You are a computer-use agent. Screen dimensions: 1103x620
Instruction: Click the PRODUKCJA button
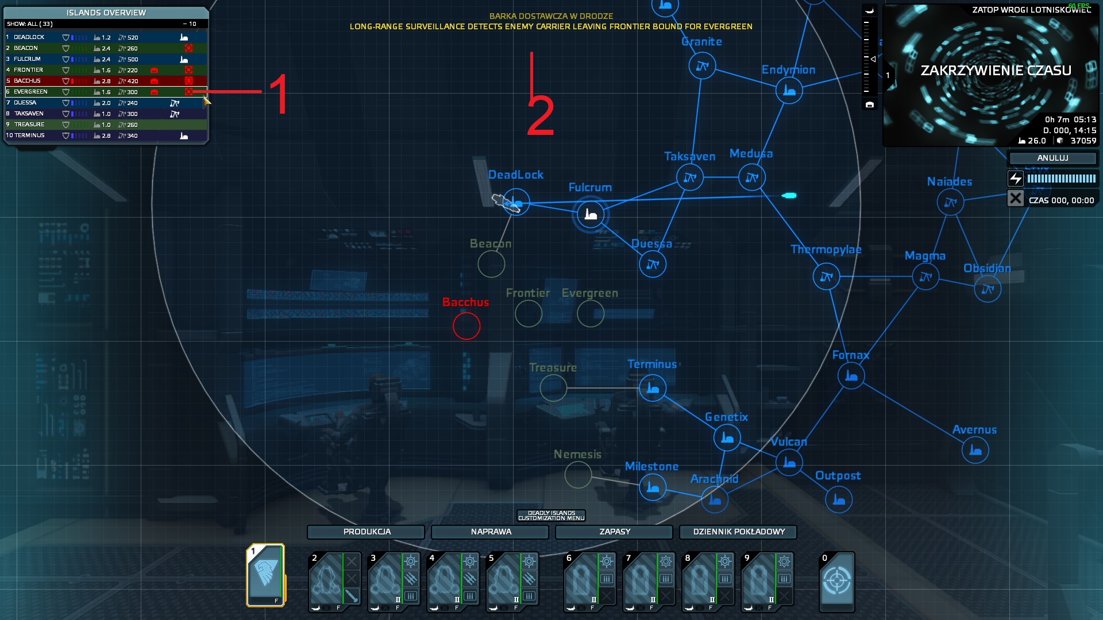click(367, 532)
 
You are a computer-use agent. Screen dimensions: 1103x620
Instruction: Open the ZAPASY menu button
click(615, 532)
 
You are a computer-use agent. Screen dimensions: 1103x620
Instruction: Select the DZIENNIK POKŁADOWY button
click(739, 532)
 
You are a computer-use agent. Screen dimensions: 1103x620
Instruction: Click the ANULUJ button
click(1052, 158)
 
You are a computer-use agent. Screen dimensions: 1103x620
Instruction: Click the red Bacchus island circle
click(466, 326)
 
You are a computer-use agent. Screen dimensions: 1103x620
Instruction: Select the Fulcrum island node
click(590, 215)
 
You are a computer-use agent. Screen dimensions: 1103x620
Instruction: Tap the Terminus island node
click(652, 388)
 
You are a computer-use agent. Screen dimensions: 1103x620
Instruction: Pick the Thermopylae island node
click(826, 277)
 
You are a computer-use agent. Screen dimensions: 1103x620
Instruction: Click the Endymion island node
click(789, 91)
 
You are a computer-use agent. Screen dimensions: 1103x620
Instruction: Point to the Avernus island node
click(975, 450)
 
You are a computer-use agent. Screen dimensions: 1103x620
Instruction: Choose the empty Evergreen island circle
click(590, 313)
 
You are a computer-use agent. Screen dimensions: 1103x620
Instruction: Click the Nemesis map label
click(577, 455)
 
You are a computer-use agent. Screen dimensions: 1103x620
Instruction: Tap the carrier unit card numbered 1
click(266, 575)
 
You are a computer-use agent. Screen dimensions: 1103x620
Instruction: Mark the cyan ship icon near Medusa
click(789, 196)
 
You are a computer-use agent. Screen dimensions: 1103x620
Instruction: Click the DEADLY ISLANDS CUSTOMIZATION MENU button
click(551, 516)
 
